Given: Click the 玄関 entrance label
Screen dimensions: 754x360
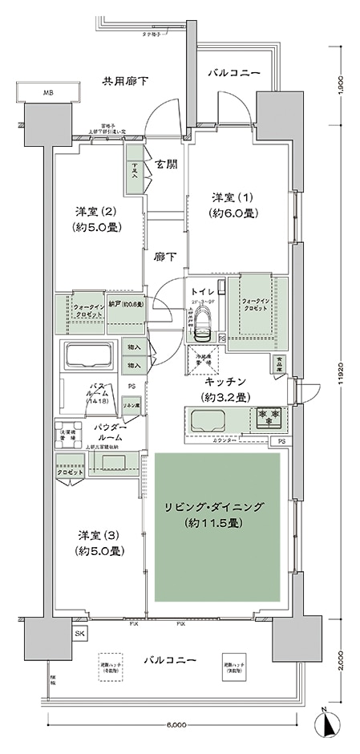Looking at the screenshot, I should [x=167, y=164].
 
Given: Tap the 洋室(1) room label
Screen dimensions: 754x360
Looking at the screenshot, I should [x=234, y=205].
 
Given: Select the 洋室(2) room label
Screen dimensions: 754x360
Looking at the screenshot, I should [x=98, y=218].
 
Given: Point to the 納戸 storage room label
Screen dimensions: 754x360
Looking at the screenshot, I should [x=125, y=305].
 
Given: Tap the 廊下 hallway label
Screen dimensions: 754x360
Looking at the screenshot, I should [x=165, y=257].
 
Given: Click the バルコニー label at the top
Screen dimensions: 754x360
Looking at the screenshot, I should [x=234, y=73].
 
